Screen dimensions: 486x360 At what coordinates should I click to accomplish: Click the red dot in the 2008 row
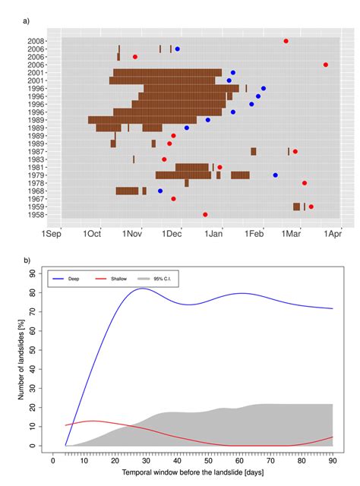[x=286, y=41]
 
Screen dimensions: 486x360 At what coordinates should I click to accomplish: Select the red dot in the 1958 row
[x=205, y=215]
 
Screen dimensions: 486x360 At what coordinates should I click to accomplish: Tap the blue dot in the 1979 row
[x=275, y=175]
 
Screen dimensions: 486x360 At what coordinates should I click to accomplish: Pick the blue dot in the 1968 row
[x=160, y=191]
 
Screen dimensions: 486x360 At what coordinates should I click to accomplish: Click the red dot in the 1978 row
[x=305, y=183]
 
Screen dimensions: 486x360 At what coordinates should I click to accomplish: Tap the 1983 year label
[x=35, y=159]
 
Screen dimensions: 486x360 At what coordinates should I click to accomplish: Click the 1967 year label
[x=35, y=199]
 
